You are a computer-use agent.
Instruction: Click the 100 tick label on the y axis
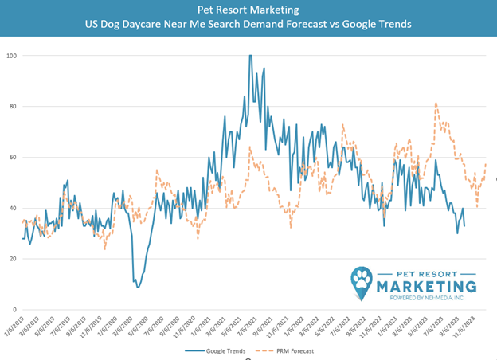11,56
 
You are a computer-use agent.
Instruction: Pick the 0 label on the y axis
14,310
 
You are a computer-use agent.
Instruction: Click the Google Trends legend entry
218,350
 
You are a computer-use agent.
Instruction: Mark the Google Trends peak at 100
251,56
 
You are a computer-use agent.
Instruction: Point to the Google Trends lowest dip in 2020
138,286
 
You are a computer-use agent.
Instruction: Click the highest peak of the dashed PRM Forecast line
436,103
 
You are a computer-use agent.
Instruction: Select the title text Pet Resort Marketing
248,10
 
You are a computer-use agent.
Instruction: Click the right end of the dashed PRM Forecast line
486,164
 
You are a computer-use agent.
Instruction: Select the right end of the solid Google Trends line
465,225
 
